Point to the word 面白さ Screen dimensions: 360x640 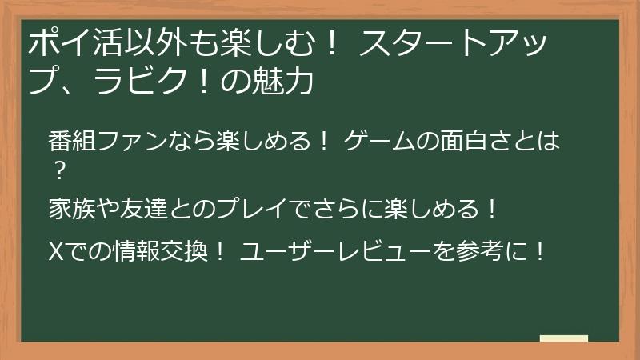482,144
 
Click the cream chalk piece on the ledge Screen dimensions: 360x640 563,338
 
